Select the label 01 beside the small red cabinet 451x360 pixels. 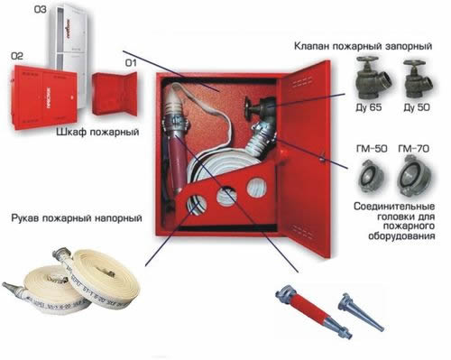point(131,63)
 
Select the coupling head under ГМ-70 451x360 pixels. point(418,175)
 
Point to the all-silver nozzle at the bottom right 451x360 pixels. point(360,310)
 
